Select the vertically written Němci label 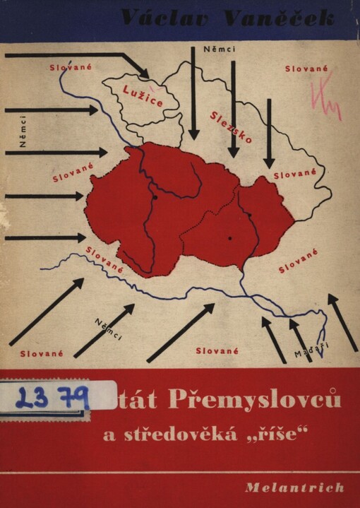23,134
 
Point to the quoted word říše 282,435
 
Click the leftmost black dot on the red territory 154,198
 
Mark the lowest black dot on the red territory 230,239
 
